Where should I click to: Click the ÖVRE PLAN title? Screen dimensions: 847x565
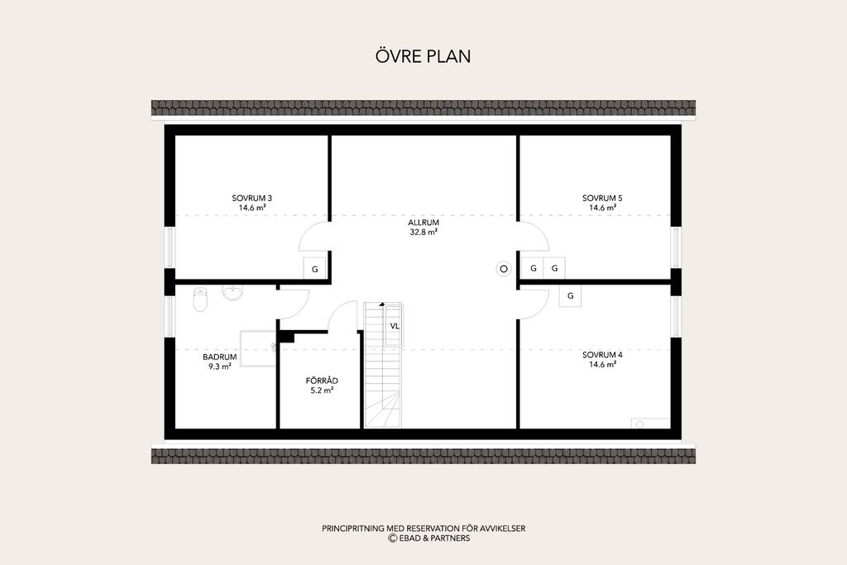pos(423,55)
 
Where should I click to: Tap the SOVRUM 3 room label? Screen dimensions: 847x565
pos(251,198)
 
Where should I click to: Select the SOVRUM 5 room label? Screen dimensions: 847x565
pos(602,198)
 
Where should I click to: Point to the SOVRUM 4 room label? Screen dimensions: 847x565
pos(602,355)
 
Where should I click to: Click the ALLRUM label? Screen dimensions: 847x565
pos(423,222)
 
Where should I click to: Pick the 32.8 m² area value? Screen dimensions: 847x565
pos(423,232)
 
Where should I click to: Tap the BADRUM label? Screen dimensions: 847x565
pos(220,357)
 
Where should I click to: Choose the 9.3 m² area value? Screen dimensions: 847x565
pos(220,366)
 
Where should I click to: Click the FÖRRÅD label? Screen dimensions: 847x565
pos(322,381)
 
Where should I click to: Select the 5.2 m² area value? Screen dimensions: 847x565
pos(322,390)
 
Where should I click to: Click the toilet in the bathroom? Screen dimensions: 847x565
pos(200,299)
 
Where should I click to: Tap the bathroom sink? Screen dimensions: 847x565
pos(232,292)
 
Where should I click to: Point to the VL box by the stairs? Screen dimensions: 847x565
pos(394,326)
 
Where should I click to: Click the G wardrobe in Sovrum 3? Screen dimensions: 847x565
pos(315,269)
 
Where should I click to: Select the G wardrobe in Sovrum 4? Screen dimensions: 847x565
pos(570,296)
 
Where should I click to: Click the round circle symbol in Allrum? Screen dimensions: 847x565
pos(504,269)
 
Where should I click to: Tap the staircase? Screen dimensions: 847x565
pos(384,365)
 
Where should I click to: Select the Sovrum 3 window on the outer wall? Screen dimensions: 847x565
pos(170,247)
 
